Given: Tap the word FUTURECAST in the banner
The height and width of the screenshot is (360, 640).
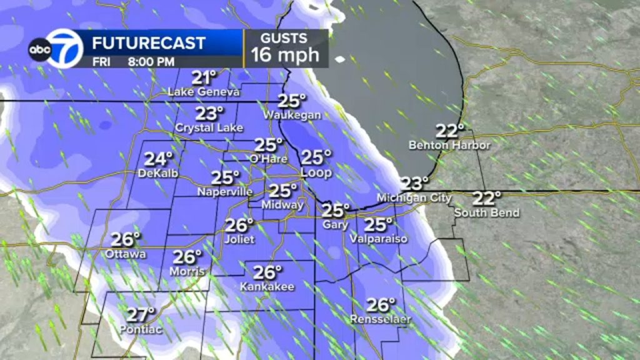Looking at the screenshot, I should (149, 43).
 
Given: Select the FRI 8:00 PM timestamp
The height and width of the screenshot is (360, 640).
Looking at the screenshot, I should (134, 61).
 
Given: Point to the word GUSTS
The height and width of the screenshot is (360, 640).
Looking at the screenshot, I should (285, 37).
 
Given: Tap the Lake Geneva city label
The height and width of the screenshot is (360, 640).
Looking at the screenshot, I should (204, 92).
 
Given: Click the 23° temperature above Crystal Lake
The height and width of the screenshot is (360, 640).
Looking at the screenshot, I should (209, 114).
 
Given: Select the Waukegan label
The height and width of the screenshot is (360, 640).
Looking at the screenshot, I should (292, 115).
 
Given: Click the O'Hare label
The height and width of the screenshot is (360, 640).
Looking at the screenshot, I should (270, 159).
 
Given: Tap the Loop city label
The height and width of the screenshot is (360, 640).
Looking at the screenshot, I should (316, 172).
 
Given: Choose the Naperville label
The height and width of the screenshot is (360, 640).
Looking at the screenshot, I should (225, 192).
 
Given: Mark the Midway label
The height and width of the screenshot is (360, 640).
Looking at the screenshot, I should (283, 205).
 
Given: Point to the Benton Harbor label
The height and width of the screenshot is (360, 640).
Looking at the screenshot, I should (449, 145).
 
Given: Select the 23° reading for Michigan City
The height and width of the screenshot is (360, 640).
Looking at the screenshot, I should (415, 184).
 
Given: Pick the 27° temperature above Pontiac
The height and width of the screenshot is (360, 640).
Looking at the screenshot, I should (141, 314).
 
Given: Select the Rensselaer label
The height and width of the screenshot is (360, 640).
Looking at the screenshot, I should (381, 320).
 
